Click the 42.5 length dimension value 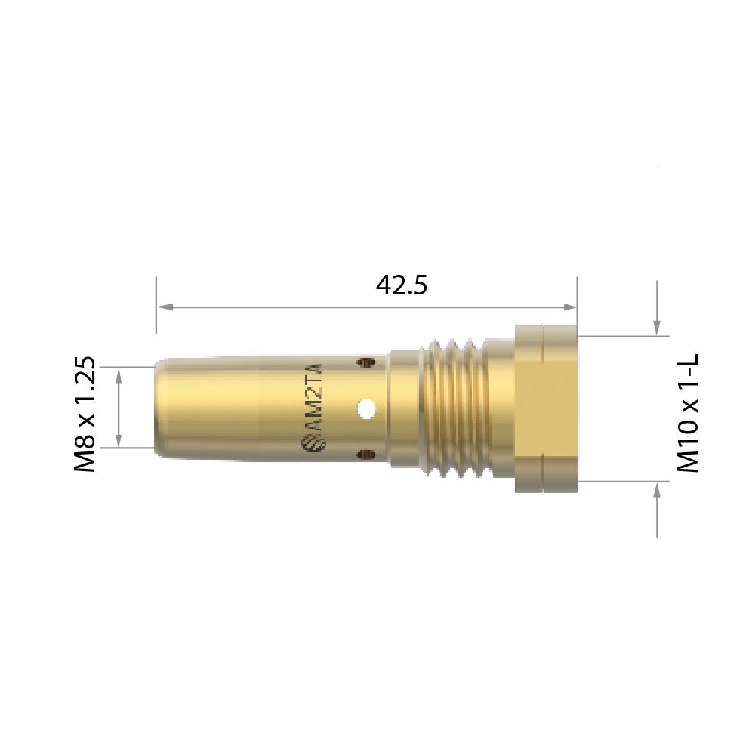point(401,285)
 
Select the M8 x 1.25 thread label point(85,414)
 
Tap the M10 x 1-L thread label point(688,413)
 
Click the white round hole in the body point(366,408)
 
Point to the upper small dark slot point(366,362)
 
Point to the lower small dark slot point(366,453)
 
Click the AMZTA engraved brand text point(314,396)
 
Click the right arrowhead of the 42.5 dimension point(569,307)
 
